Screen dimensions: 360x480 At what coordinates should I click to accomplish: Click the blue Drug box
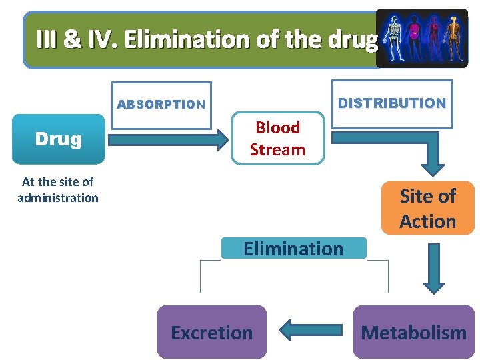(59, 139)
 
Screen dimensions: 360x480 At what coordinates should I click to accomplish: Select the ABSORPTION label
(161, 105)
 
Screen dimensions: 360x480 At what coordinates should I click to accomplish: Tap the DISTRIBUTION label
(392, 103)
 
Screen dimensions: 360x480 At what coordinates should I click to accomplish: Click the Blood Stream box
(277, 139)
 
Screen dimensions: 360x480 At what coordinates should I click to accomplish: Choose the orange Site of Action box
(427, 209)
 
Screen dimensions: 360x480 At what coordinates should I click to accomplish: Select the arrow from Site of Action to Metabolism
(433, 268)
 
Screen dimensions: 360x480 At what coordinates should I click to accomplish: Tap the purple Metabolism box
(413, 332)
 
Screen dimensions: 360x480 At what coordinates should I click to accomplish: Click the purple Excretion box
(211, 332)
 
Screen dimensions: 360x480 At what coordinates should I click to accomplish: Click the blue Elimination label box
(293, 249)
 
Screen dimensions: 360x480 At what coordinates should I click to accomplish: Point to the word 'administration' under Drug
(58, 198)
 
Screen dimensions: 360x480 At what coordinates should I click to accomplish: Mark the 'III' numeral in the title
(46, 40)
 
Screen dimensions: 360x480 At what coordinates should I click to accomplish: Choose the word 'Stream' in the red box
(277, 150)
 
